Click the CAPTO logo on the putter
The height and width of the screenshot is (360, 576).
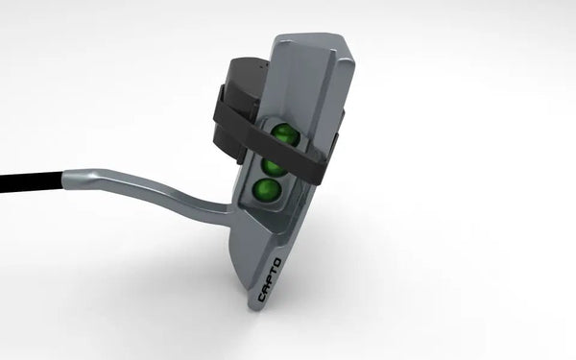(270, 280)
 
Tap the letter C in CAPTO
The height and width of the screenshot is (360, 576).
(262, 297)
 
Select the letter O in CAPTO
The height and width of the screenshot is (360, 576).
(277, 263)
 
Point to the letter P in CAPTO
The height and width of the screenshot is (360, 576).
(270, 279)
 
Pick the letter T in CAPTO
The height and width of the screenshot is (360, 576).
(274, 272)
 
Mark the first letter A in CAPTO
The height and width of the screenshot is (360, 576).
(266, 288)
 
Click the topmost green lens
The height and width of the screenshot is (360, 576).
(285, 133)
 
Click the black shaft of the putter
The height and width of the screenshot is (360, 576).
(32, 181)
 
